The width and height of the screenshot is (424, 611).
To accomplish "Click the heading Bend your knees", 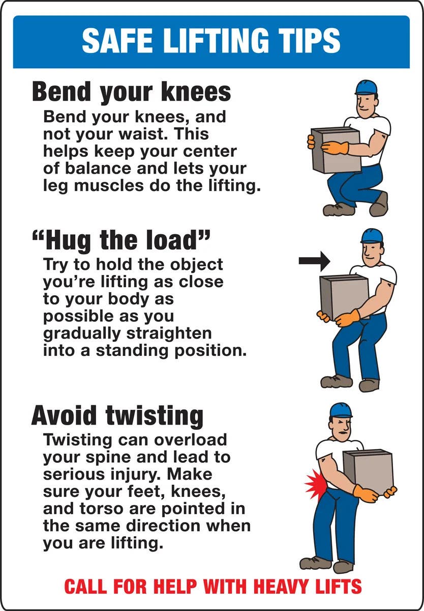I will (131, 92).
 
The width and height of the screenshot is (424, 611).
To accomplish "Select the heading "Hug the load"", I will (120, 240).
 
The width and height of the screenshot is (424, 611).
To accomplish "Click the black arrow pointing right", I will (314, 261).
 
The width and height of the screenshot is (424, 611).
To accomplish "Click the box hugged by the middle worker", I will (344, 297).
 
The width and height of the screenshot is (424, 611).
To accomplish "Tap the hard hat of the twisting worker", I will (340, 410).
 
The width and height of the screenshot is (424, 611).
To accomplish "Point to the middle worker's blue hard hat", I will (372, 235).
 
